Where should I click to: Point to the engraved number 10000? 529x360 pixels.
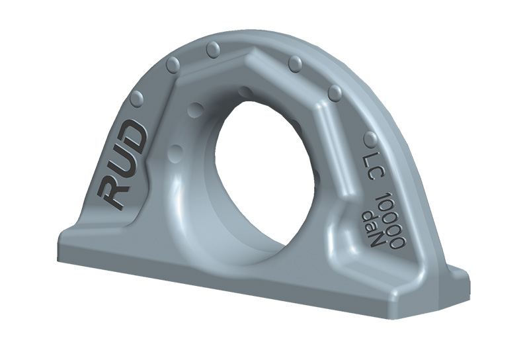point(390,220)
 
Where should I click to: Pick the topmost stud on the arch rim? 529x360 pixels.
point(213,50)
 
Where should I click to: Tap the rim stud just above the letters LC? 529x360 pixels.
point(370,140)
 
